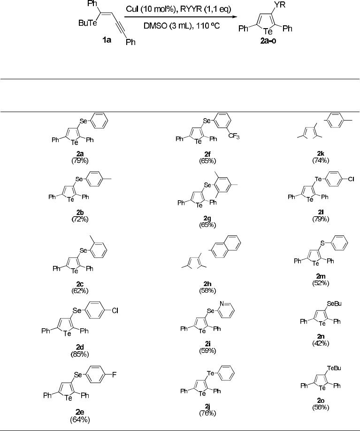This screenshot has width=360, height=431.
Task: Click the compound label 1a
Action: point(107,40)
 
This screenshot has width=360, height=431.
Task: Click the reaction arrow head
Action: point(235,17)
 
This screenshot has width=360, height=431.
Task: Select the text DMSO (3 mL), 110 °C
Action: point(182,26)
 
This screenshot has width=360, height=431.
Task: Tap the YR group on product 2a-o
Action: point(279,5)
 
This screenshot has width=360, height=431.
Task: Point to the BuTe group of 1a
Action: point(88,23)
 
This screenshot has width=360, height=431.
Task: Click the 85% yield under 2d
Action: point(80,354)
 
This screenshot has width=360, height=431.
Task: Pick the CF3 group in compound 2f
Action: point(234,136)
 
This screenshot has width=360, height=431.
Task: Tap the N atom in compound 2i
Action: point(222,304)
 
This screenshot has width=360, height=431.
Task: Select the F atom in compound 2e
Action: point(114,374)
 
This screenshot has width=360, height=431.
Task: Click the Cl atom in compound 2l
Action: point(351,179)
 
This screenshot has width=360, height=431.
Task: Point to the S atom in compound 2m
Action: point(322,243)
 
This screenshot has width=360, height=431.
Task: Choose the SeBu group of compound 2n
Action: point(335,304)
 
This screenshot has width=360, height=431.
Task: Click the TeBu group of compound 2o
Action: point(334,368)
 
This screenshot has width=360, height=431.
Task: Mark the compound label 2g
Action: point(207,218)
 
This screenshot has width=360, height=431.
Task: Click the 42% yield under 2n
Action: point(321,343)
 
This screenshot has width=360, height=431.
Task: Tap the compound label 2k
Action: point(321,153)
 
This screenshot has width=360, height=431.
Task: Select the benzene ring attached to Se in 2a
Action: point(99,121)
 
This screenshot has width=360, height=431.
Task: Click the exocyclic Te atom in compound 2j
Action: point(210,373)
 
